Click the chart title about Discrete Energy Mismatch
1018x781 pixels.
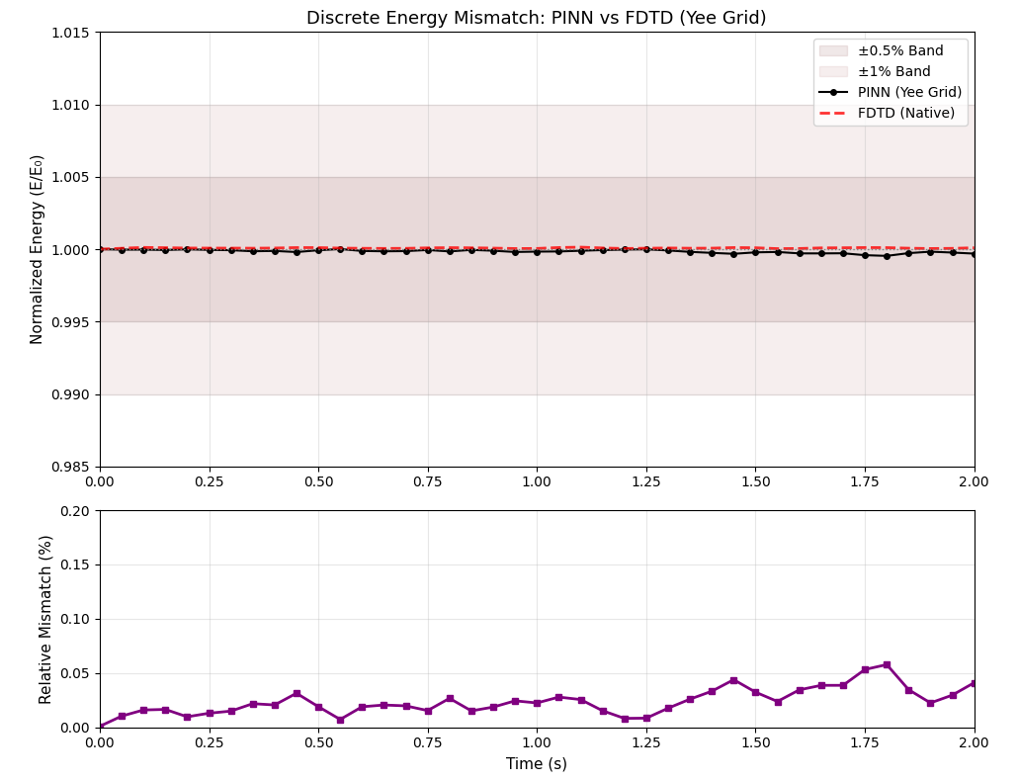coord(536,18)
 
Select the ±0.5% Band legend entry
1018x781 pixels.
coord(899,50)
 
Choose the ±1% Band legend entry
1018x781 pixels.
coord(893,71)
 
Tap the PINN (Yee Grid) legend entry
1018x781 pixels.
coord(909,92)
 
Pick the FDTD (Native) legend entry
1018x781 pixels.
coord(905,113)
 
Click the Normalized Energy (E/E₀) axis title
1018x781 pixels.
coord(38,249)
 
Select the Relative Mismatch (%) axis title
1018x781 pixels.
coord(45,619)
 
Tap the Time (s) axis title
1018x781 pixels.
coord(536,763)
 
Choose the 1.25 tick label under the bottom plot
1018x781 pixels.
coord(645,742)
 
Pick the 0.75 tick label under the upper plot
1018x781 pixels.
coord(427,481)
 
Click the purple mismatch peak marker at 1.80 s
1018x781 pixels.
coord(887,665)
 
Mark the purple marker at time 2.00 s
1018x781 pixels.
coord(974,683)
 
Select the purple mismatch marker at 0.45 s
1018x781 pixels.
coord(297,694)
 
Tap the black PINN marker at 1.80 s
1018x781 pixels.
coord(887,256)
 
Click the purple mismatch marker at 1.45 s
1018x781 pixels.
coord(733,680)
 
